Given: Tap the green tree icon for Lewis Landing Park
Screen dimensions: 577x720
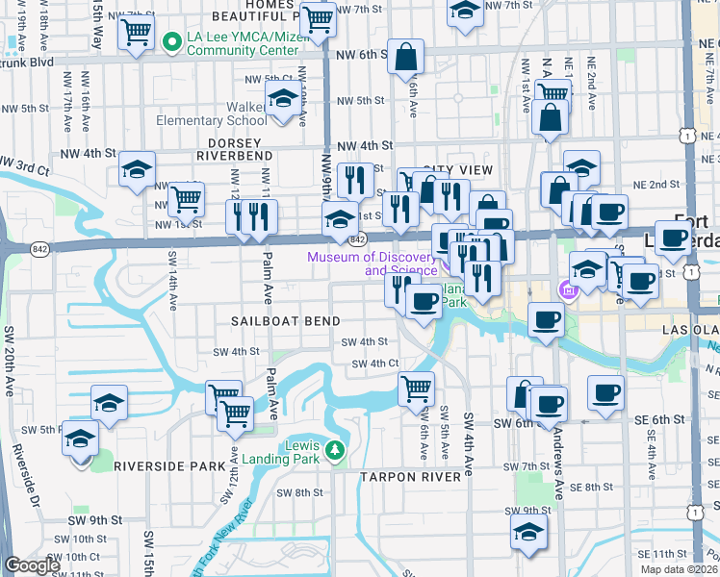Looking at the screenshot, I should (334, 449).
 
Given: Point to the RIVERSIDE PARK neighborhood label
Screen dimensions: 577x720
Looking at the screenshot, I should (169, 465).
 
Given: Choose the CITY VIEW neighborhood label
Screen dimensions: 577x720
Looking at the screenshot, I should (457, 169).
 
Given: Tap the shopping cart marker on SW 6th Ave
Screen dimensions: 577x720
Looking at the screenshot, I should (416, 388).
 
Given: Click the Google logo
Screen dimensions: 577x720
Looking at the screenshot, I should (32, 565).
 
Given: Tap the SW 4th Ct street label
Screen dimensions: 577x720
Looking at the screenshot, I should (374, 364).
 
